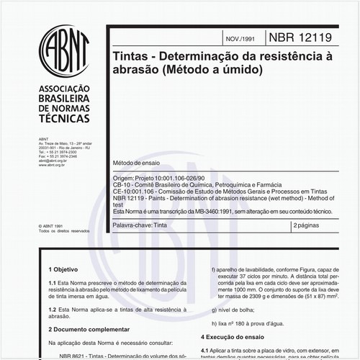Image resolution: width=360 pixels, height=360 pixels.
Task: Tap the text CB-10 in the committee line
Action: click(121, 184)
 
